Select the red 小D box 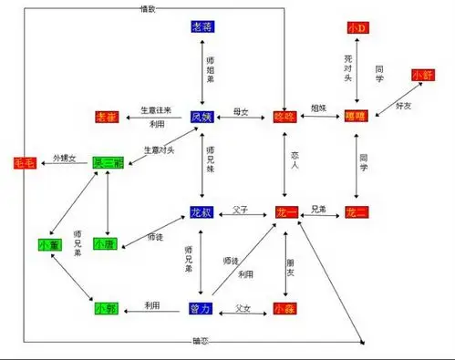[x=357, y=28]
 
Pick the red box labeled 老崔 [x=107, y=117]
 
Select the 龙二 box [x=357, y=212]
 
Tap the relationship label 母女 [x=242, y=108]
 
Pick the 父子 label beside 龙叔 [x=242, y=205]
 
